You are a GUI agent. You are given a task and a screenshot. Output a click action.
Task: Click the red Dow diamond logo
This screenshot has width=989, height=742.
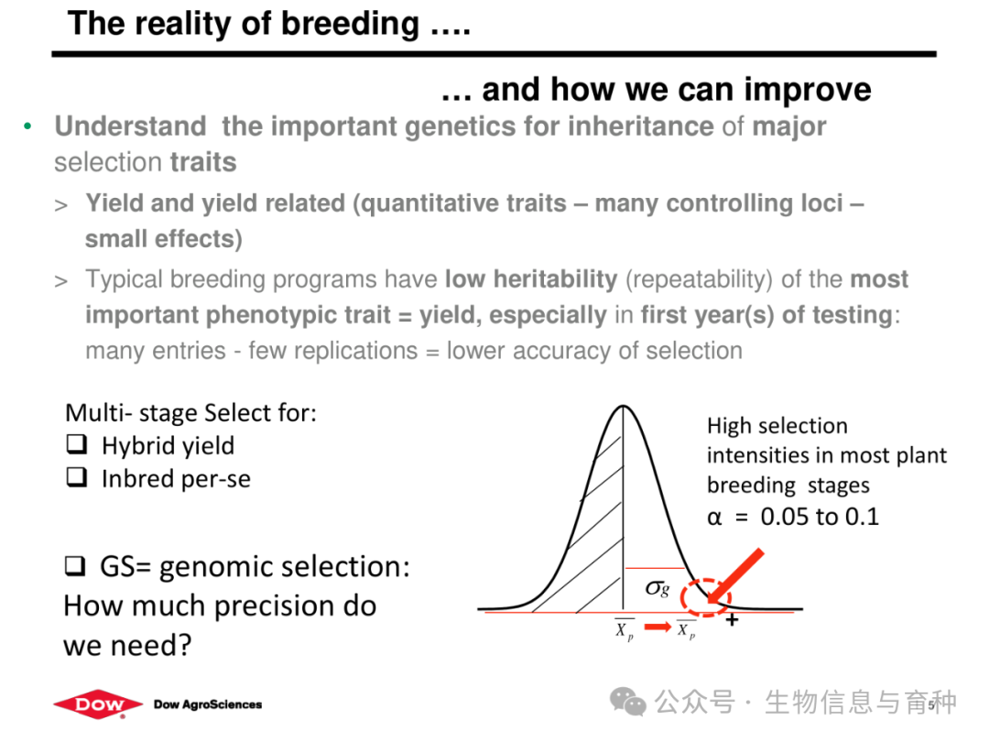coord(98,704)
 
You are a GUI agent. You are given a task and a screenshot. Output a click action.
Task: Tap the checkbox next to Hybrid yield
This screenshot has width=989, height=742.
coord(76,444)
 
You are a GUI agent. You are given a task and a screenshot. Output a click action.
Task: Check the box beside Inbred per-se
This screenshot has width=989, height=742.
coord(76,477)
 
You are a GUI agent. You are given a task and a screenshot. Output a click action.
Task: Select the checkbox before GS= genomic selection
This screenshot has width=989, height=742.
coord(75,565)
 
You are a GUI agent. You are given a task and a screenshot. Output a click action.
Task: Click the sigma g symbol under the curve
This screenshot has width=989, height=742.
coord(658,588)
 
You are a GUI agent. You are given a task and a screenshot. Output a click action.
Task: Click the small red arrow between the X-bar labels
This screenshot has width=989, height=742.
coord(658,627)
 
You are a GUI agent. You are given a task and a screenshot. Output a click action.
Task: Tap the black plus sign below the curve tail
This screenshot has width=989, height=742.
coord(732,620)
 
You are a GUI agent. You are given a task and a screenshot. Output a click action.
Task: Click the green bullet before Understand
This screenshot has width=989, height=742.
coord(27,126)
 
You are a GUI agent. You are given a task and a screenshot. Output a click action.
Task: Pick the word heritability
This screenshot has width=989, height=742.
coord(556,278)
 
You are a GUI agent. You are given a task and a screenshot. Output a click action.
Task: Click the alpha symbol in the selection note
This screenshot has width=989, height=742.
coord(714,518)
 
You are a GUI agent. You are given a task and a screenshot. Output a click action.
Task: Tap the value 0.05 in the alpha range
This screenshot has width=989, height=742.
coord(786,517)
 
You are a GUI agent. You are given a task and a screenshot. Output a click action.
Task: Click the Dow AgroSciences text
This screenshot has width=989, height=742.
coord(208,704)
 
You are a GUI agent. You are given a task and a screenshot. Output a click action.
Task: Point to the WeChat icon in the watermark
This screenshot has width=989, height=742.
coord(627,702)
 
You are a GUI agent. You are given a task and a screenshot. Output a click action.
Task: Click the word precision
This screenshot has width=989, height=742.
coord(275,606)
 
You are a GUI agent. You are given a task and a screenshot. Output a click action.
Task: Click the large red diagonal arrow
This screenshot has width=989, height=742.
coord(735,576)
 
